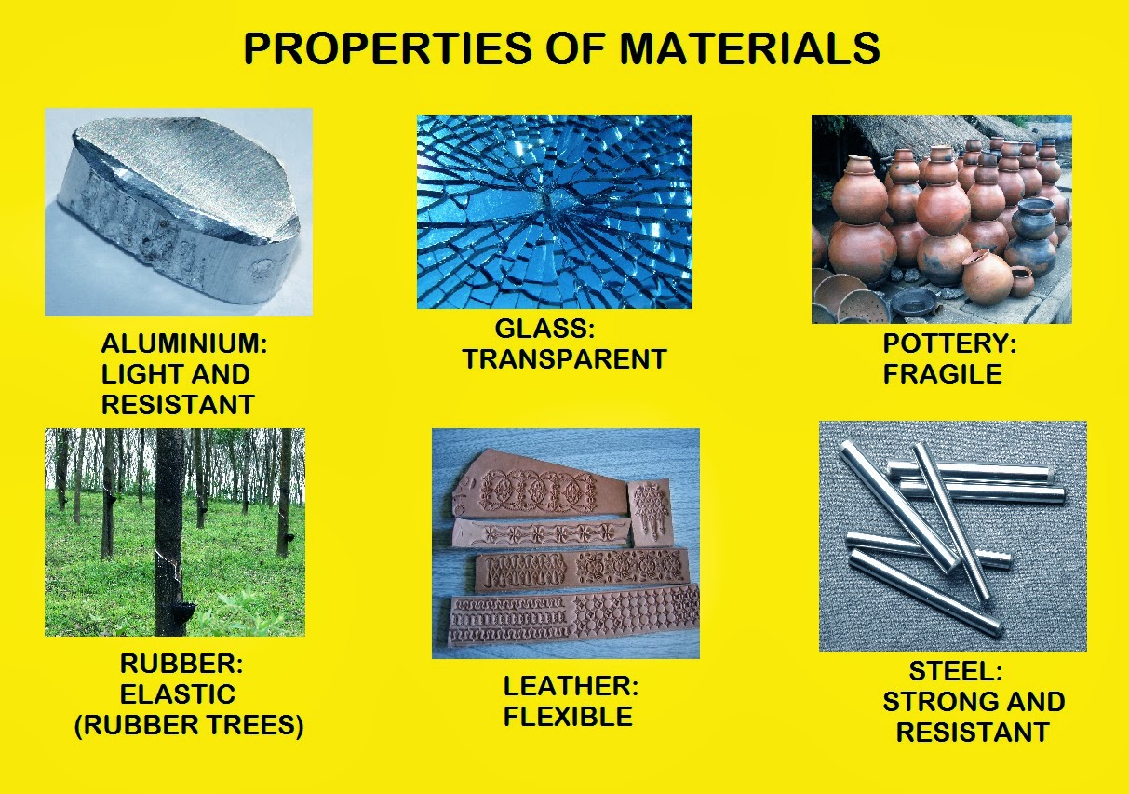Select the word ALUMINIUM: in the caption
click(x=184, y=344)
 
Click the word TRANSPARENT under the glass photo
click(x=565, y=359)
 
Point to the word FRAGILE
click(x=942, y=374)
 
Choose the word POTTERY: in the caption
click(x=949, y=343)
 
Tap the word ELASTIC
click(x=177, y=694)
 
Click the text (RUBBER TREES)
click(x=189, y=726)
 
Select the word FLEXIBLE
click(x=568, y=717)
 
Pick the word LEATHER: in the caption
click(x=571, y=687)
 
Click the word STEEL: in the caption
click(x=955, y=671)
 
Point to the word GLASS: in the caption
click(x=544, y=329)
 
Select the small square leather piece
click(x=650, y=512)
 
